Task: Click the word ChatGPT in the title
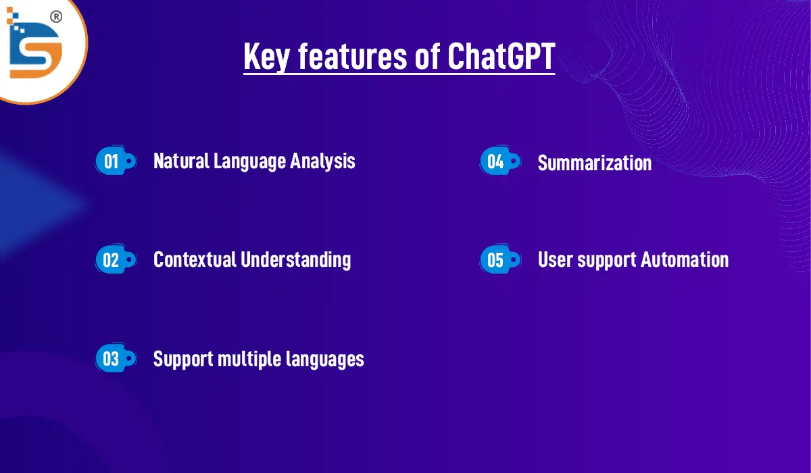point(501,56)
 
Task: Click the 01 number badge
point(112,161)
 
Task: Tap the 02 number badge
point(112,260)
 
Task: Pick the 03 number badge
point(112,359)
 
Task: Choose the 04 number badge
point(496,161)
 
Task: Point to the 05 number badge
point(496,260)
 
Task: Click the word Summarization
point(594,163)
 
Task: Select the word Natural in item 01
point(180,161)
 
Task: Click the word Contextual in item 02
point(194,259)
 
